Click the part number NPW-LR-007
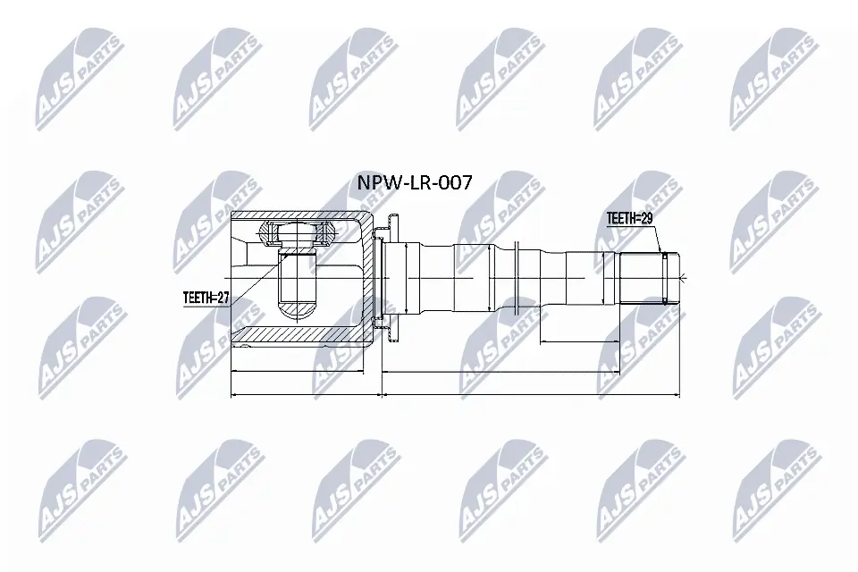[x=415, y=183]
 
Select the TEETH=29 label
[x=631, y=217]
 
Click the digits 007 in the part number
[x=455, y=183]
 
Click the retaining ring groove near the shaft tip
[x=665, y=278]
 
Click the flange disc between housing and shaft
[x=391, y=278]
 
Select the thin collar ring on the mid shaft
[x=518, y=278]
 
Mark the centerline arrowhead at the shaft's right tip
[x=679, y=278]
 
